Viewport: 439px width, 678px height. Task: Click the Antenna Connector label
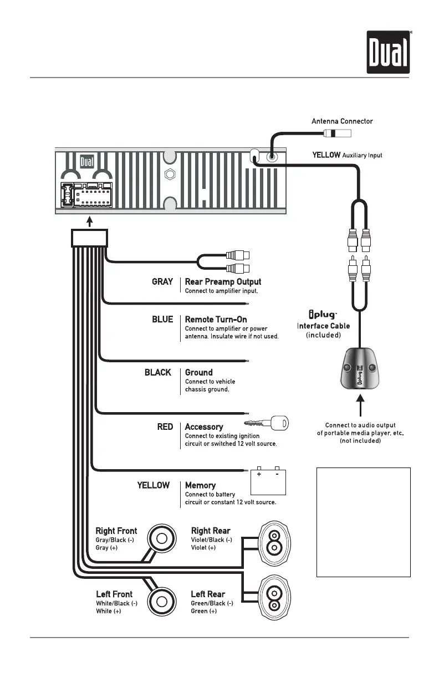point(342,121)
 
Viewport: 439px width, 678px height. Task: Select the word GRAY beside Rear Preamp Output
point(162,282)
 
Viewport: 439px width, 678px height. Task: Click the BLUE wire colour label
point(162,320)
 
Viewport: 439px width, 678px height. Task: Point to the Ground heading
point(198,372)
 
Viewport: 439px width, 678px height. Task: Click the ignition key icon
point(267,425)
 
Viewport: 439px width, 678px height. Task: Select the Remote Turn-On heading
point(216,320)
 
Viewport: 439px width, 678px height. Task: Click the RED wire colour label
point(165,427)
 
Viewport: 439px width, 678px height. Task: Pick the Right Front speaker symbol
point(162,537)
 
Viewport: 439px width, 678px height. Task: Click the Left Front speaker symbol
point(162,601)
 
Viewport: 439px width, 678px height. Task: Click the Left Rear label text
point(208,594)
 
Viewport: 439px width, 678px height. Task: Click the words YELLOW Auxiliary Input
point(347,156)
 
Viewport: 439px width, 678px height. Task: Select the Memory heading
point(200,485)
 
